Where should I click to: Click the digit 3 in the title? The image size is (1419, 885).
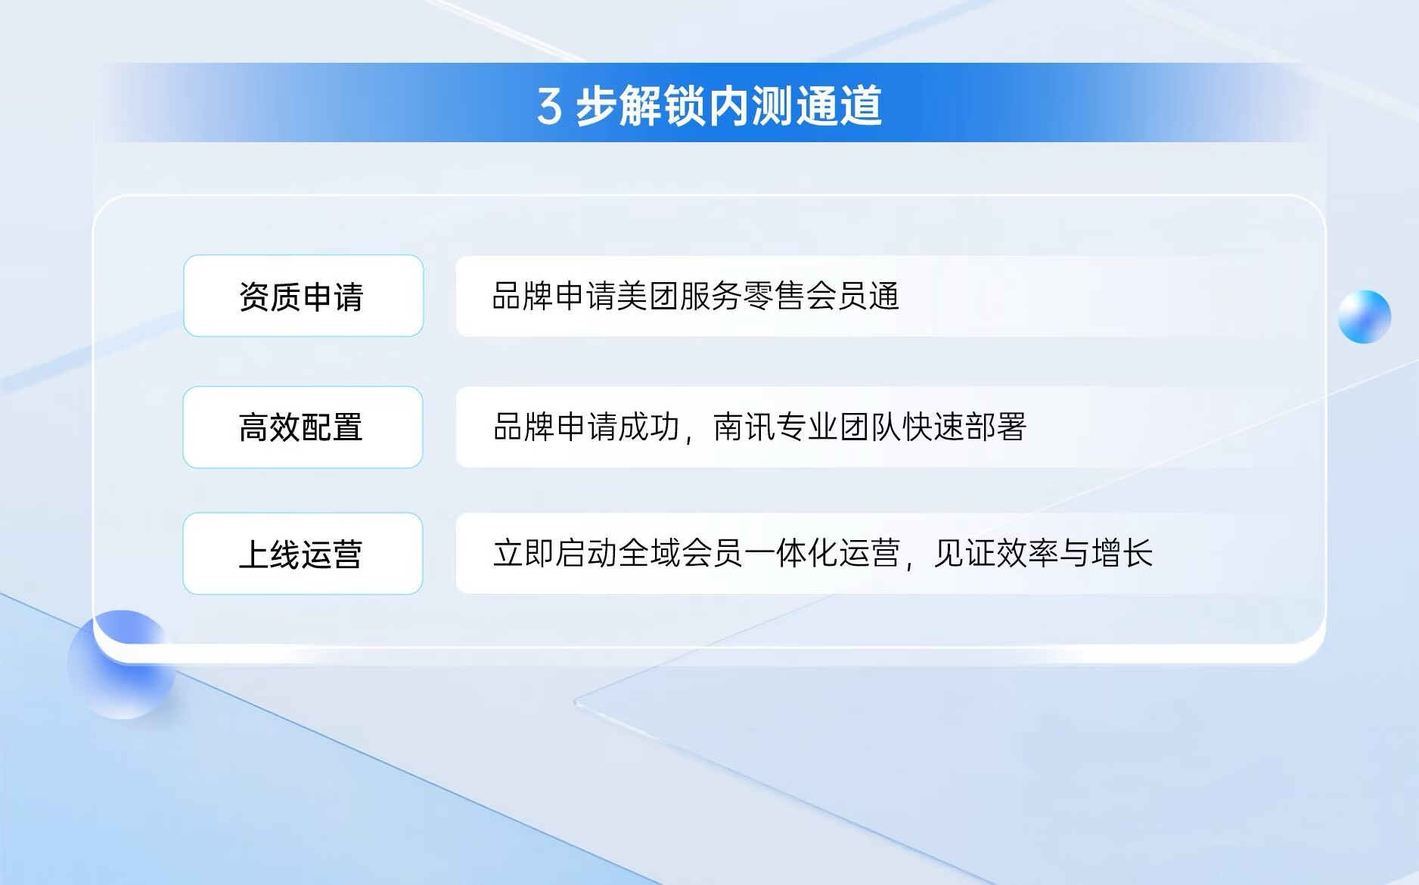(x=550, y=107)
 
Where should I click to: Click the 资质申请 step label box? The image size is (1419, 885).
(x=303, y=296)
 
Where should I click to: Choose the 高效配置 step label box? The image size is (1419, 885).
(x=303, y=427)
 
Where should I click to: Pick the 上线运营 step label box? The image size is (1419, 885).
(x=303, y=554)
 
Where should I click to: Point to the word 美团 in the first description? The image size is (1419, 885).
(x=647, y=296)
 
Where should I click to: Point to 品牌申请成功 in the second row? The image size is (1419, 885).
(x=586, y=427)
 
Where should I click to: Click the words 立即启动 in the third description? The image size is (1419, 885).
(x=554, y=554)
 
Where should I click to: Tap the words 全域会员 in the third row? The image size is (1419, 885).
(x=680, y=554)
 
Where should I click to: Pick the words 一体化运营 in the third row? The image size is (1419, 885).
(x=821, y=554)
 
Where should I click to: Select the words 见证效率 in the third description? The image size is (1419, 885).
(x=996, y=554)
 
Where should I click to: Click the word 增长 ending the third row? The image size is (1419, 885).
(x=1122, y=554)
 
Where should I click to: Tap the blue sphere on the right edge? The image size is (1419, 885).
(x=1364, y=317)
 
